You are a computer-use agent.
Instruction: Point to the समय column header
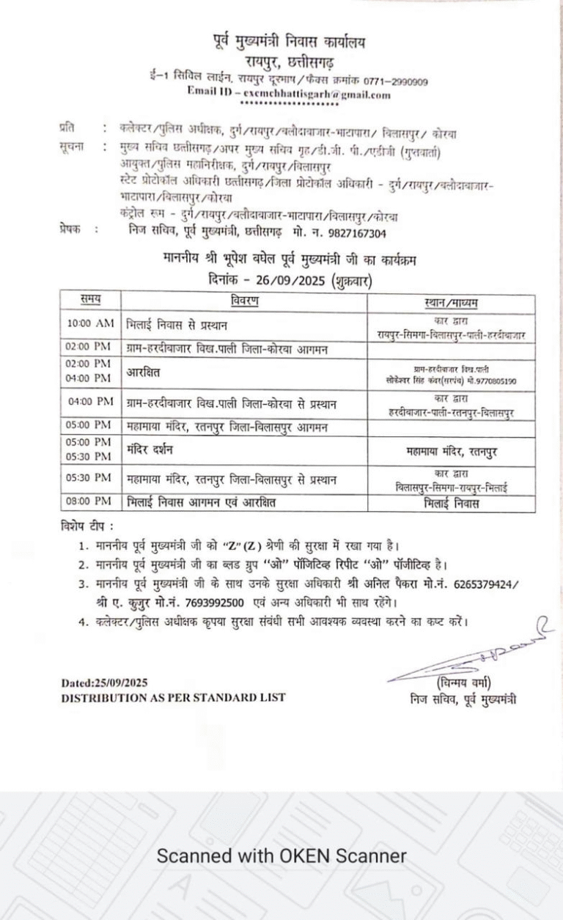click(91, 301)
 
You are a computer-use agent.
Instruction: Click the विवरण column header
click(244, 301)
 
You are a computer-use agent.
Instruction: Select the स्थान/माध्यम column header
click(451, 302)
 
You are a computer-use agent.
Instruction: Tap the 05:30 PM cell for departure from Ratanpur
click(89, 478)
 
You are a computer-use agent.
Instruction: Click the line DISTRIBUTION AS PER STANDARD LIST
click(172, 698)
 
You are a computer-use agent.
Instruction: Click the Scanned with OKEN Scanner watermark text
click(281, 855)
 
